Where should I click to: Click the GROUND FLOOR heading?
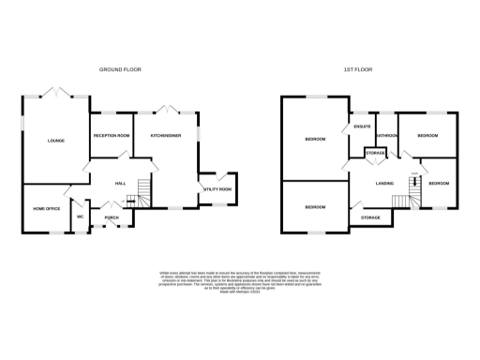(120, 69)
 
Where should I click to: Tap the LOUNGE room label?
(56, 141)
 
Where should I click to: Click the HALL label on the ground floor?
(120, 183)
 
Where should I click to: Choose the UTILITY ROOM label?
(217, 189)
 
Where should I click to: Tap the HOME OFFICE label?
(46, 208)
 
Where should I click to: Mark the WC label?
(81, 217)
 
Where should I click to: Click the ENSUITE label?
(363, 127)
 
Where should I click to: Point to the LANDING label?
(384, 183)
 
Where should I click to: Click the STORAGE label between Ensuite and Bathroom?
(375, 153)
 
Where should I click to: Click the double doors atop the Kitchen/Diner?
(172, 110)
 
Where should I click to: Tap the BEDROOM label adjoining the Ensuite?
(315, 141)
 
